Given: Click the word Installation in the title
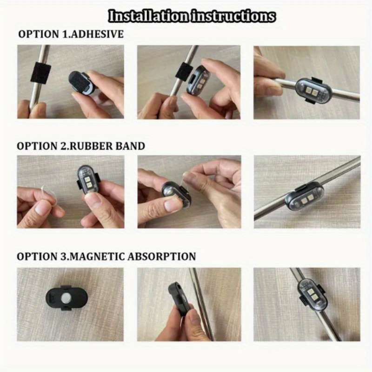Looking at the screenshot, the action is (149, 16).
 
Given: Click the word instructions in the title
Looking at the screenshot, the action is (233, 16).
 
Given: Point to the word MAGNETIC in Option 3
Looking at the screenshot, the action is (98, 257).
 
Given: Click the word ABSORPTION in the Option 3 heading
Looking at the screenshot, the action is (162, 257).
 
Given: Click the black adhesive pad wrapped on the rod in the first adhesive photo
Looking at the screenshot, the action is (40, 73).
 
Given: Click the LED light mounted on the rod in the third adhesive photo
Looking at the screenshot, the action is (311, 91).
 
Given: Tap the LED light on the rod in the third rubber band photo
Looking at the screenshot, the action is (305, 196).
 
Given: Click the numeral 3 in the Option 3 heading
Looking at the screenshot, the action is (62, 257).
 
